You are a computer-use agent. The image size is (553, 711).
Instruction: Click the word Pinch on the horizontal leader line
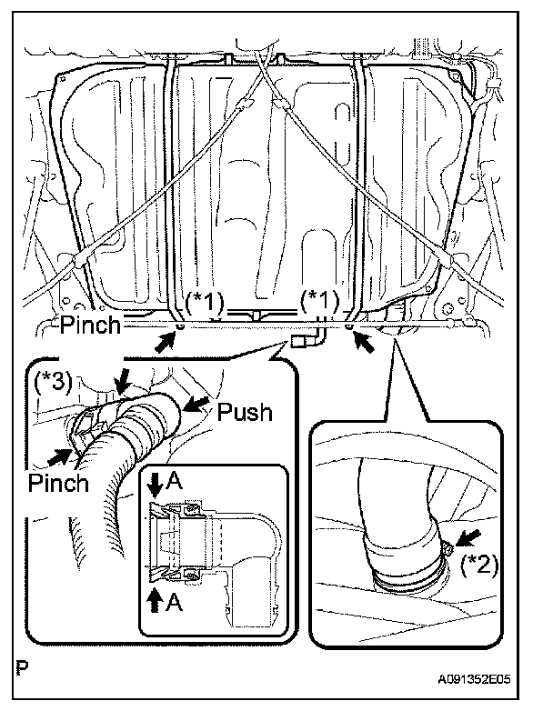[90, 324]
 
